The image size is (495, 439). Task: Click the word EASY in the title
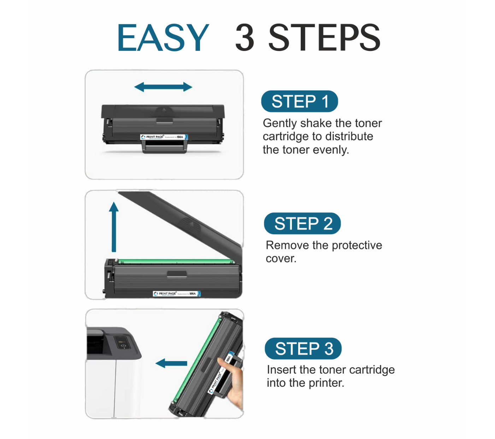[x=163, y=37]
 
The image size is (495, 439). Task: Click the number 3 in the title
[x=245, y=37]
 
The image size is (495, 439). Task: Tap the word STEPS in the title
[x=324, y=37]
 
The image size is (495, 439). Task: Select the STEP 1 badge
[x=299, y=101]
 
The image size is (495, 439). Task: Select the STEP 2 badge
[x=302, y=223]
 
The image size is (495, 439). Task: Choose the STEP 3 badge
[x=303, y=349]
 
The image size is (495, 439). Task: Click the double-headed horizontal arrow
[x=163, y=87]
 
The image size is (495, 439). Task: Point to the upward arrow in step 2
[x=114, y=227]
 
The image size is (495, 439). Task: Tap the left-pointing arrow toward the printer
[x=171, y=363]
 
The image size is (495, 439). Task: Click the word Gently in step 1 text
[x=279, y=123]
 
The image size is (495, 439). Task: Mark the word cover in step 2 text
[x=280, y=259]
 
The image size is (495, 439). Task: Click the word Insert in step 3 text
[x=281, y=370]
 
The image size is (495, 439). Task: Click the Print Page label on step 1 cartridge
[x=164, y=137]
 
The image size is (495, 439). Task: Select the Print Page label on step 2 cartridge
[x=177, y=294]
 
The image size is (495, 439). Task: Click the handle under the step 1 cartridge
[x=164, y=147]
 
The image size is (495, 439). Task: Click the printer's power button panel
[x=123, y=343]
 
